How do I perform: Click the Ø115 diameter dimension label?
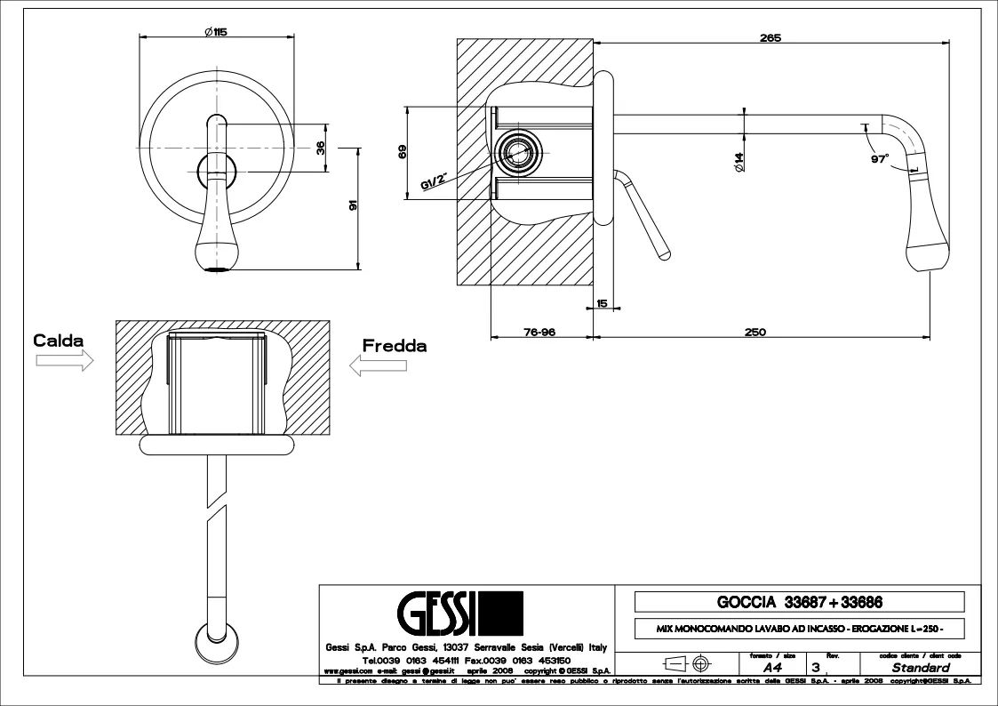[x=215, y=32]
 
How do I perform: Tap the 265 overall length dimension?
[x=770, y=37]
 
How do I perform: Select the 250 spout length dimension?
[x=754, y=332]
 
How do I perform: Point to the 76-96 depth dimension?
[x=539, y=332]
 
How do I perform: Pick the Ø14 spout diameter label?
[x=739, y=161]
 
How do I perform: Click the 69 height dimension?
[x=403, y=152]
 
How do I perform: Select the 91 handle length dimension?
[x=354, y=206]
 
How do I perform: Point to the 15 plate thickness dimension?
[x=602, y=304]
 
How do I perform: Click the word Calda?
[x=59, y=341]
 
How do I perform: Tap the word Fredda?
[x=394, y=346]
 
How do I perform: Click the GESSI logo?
[x=459, y=614]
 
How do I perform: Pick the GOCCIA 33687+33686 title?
[x=799, y=602]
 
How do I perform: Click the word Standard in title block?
[x=921, y=667]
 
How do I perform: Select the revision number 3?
[x=815, y=667]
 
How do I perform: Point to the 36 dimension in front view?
[x=321, y=148]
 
